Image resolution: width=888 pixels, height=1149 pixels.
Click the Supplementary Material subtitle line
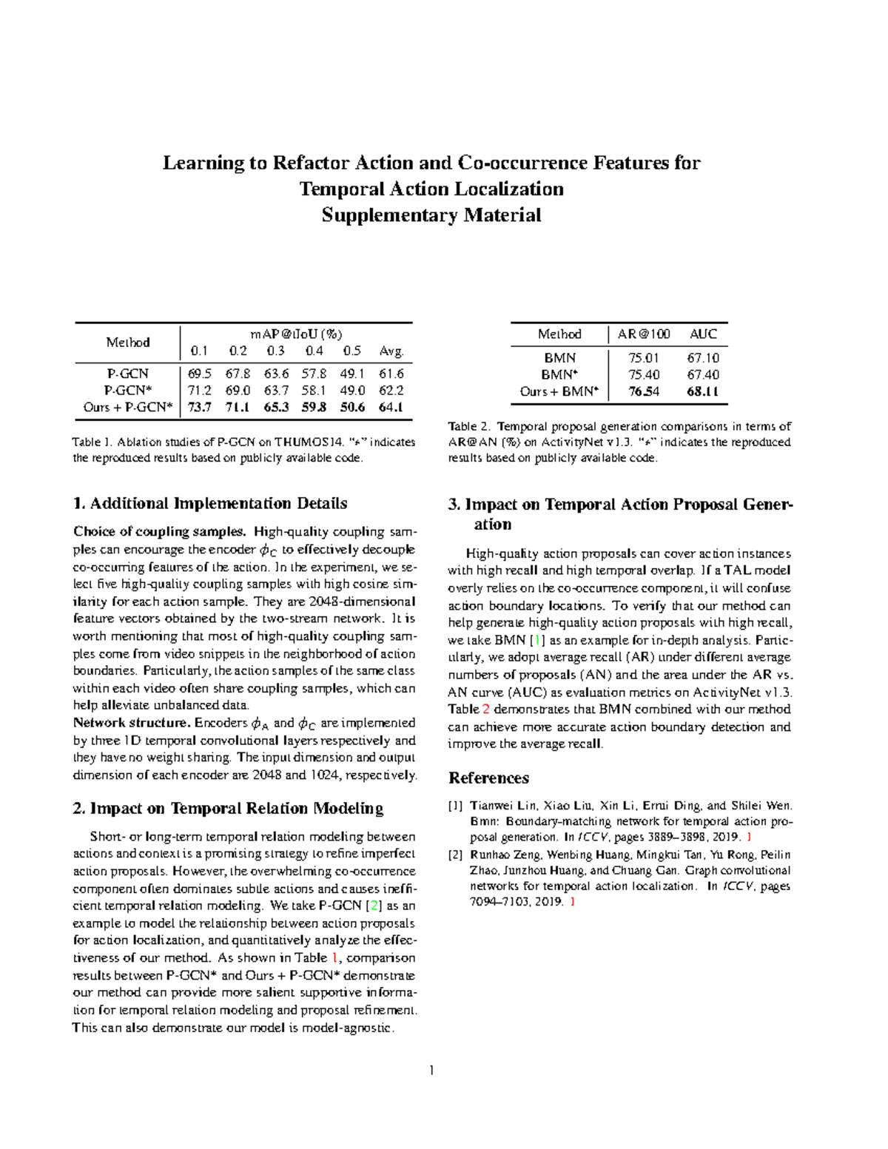point(431,215)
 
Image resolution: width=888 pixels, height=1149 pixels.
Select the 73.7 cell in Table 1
point(200,407)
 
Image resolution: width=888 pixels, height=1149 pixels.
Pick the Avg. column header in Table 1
point(391,351)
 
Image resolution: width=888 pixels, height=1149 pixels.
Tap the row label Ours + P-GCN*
point(127,407)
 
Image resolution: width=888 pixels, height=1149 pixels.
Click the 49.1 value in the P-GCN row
point(351,374)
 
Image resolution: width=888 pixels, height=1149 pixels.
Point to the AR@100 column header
point(644,334)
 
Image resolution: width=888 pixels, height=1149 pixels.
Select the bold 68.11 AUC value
point(702,392)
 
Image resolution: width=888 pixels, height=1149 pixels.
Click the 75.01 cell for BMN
point(643,358)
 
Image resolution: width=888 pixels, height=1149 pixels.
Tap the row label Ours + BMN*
point(559,392)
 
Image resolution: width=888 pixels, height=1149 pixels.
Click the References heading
point(488,778)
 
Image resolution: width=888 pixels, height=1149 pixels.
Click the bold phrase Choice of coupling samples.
point(159,532)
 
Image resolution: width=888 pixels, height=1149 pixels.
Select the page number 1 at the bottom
point(431,1070)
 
